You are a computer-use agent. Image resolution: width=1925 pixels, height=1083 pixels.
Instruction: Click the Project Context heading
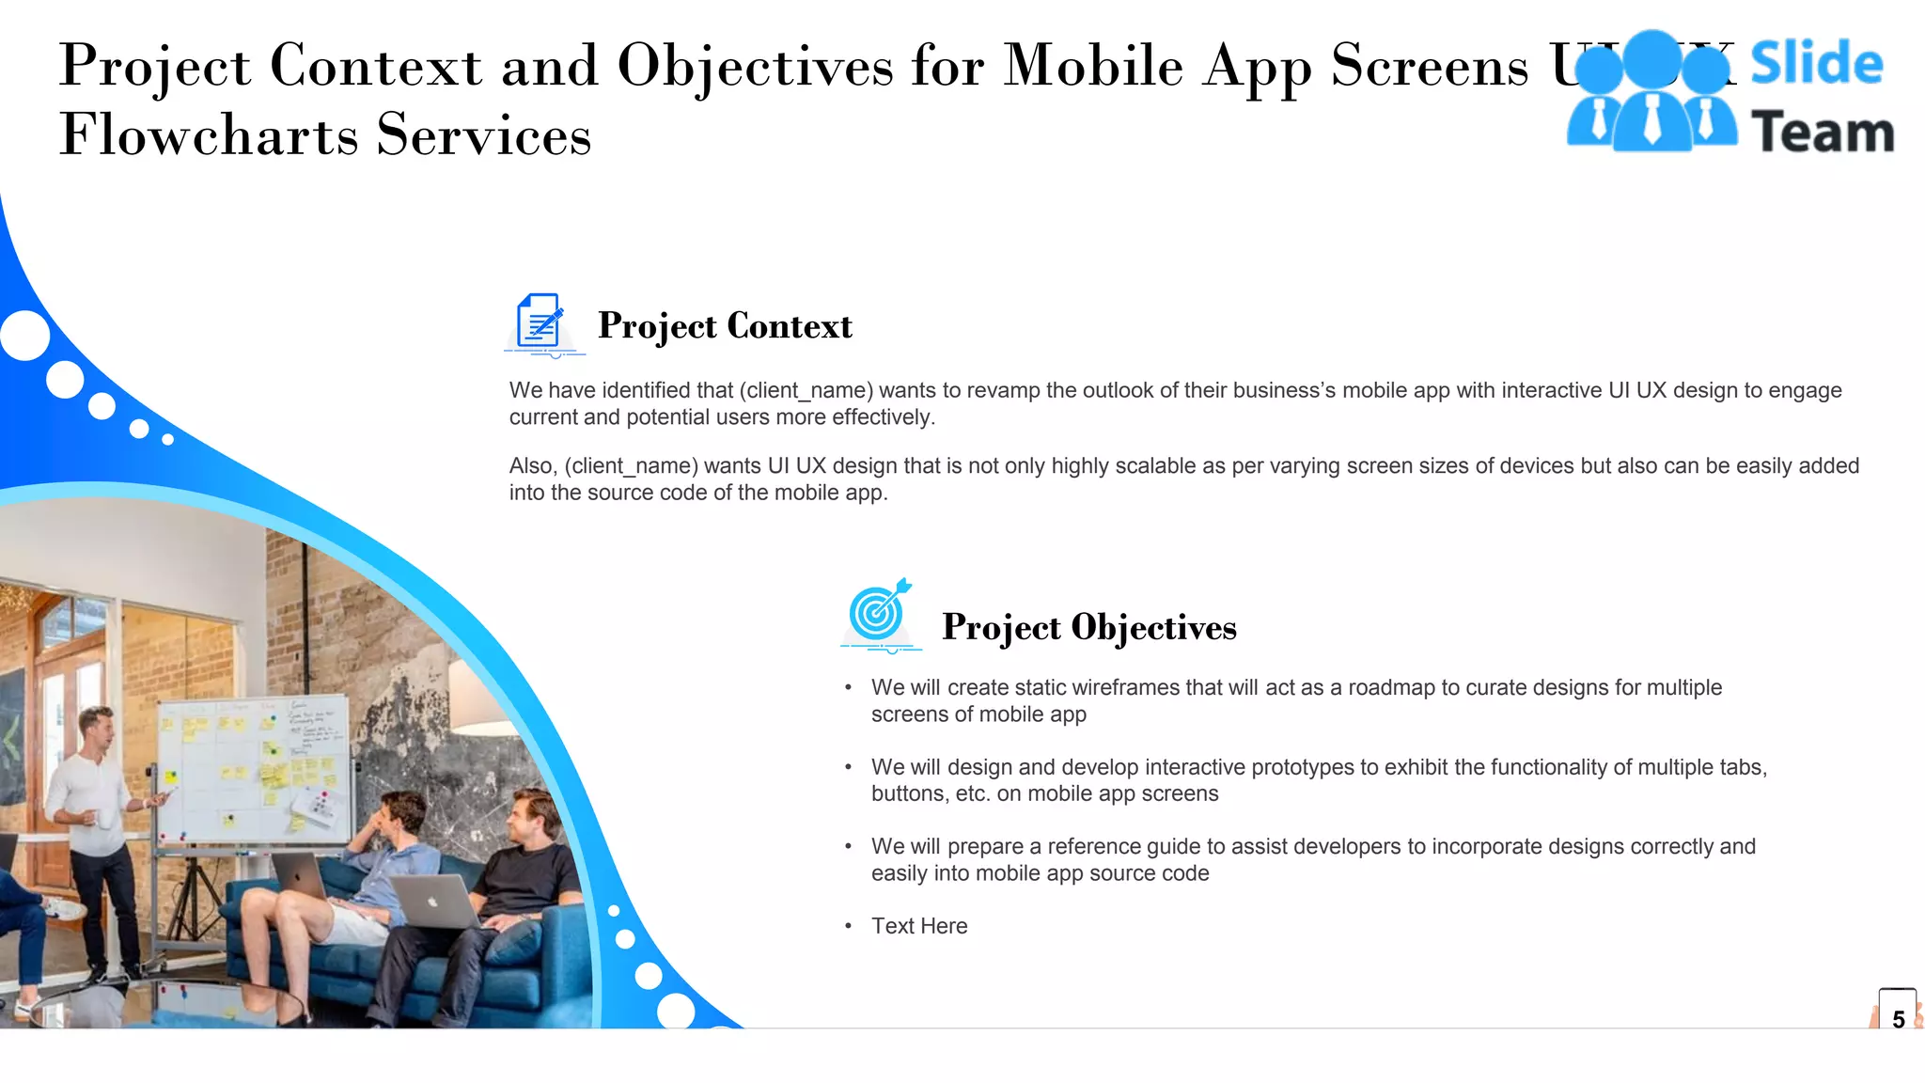pos(725,326)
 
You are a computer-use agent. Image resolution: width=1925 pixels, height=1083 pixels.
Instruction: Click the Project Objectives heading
pos(1088,628)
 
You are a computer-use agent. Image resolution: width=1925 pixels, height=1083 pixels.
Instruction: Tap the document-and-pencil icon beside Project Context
pos(542,324)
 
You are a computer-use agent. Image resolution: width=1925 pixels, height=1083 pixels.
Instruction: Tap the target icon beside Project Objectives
pos(879,613)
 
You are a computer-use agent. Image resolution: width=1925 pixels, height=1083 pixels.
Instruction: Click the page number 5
pos(1898,1019)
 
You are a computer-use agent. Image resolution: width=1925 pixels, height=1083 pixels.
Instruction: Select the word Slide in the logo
pos(1816,64)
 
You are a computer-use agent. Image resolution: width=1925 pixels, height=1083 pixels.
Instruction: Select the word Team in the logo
pos(1823,133)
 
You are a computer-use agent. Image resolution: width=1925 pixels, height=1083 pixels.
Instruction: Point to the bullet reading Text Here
pos(918,926)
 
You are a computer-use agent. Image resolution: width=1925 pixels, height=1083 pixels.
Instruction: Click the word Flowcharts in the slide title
pos(209,134)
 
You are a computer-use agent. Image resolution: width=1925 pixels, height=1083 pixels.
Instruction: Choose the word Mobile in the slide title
pos(1093,66)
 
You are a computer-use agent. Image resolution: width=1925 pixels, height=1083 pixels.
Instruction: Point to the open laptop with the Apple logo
pos(432,901)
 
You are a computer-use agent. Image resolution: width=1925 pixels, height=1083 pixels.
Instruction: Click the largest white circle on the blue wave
pos(24,335)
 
